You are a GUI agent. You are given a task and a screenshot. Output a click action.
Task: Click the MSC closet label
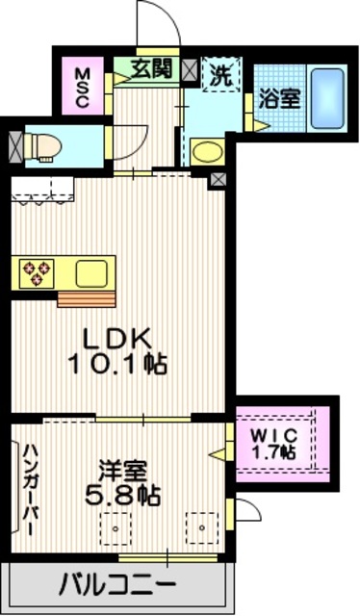click(82, 88)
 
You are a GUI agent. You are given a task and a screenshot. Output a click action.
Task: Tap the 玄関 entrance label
click(152, 68)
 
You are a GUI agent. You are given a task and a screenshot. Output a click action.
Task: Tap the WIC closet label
click(275, 434)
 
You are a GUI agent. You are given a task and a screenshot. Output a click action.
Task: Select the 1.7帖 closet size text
click(275, 450)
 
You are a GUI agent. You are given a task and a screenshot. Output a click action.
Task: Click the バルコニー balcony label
click(116, 583)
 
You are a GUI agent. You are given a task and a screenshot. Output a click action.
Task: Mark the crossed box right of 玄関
click(189, 69)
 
